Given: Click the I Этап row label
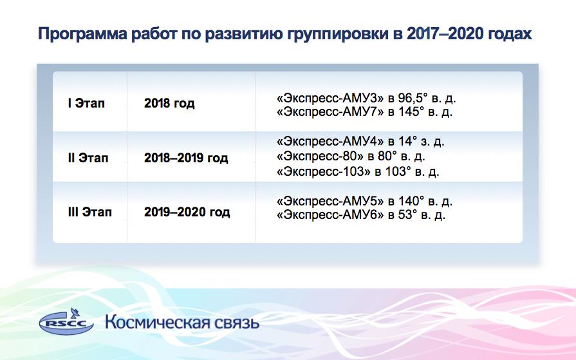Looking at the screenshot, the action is (86, 103).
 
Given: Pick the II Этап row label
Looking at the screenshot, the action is (88, 158).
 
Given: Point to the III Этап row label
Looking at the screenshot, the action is (89, 212).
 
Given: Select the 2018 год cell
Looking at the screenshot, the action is (169, 103).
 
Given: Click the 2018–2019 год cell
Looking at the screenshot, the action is (186, 158).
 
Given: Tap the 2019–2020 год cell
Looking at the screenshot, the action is (187, 212).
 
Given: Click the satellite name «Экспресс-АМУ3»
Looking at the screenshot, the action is (330, 98).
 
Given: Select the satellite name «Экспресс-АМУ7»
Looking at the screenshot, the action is (330, 111).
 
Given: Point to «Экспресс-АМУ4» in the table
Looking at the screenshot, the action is (330, 142).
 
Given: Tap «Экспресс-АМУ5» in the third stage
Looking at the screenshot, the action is (330, 202).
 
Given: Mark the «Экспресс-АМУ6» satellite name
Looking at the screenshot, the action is (330, 214).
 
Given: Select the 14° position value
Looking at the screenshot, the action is (408, 141).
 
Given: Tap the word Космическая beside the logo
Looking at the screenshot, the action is (158, 323).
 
